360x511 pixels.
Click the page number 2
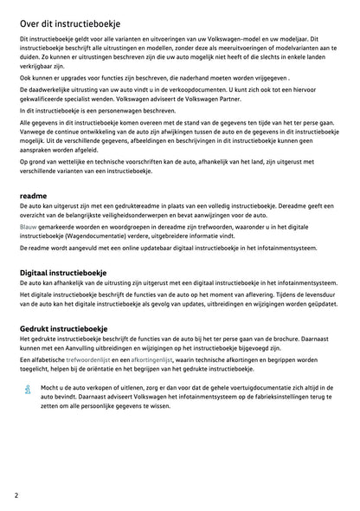tap(17, 495)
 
